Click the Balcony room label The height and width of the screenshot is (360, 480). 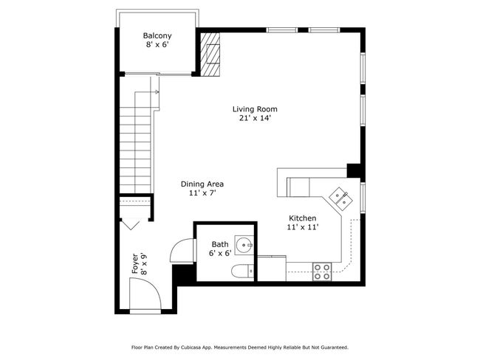[157, 36]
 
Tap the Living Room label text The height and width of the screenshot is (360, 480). [255, 109]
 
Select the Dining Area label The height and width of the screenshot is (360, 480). [202, 184]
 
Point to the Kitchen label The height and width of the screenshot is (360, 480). [303, 218]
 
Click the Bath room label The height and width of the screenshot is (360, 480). [220, 244]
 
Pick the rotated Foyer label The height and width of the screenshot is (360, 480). [135, 263]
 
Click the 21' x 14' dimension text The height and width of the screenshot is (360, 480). [256, 118]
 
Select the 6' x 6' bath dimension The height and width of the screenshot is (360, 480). [220, 253]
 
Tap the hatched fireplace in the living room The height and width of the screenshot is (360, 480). [210, 54]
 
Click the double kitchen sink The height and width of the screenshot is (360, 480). [341, 198]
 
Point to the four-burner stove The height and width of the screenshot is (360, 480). [323, 272]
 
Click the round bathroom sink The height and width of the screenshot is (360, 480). [244, 245]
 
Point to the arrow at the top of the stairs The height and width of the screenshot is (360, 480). [155, 91]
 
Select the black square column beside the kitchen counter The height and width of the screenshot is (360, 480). [353, 170]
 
